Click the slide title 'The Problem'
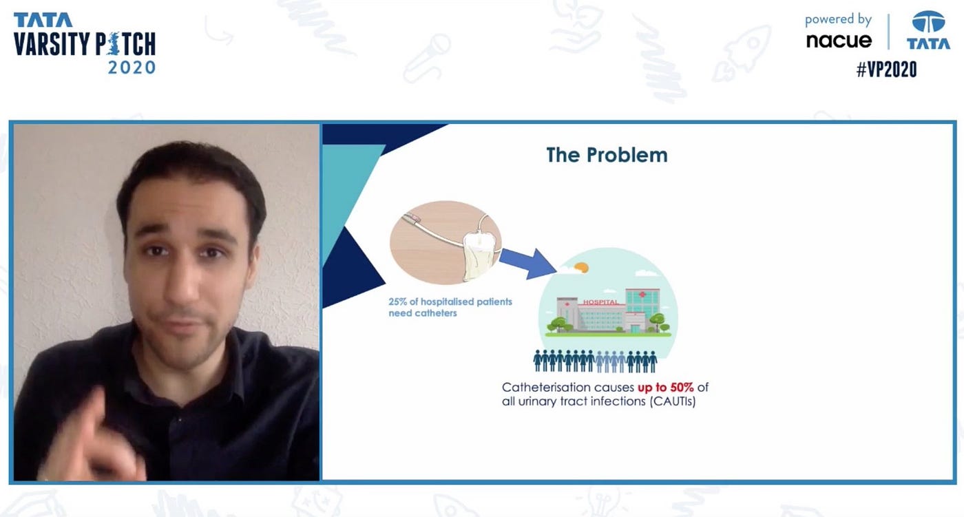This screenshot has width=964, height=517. (x=607, y=156)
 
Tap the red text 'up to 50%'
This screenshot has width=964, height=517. (x=665, y=388)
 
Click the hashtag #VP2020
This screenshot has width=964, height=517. (x=887, y=70)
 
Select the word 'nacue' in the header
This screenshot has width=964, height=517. (x=839, y=41)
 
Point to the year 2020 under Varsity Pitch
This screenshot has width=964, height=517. (x=132, y=67)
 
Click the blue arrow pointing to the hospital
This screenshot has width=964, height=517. (x=527, y=263)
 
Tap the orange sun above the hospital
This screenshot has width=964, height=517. (x=581, y=267)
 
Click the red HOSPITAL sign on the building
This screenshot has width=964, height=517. (x=600, y=302)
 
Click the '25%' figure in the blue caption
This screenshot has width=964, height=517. (x=398, y=302)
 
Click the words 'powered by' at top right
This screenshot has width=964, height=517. (x=838, y=20)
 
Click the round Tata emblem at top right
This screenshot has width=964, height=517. (x=929, y=21)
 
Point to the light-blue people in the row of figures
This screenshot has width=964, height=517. (x=611, y=361)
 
